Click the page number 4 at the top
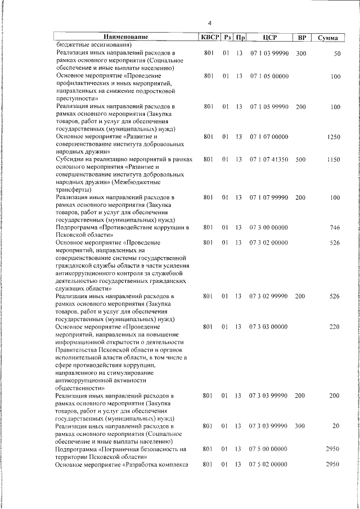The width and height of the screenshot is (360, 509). [x=209, y=23]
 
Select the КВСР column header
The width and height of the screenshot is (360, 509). [x=208, y=37]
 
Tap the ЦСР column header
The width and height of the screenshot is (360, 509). [x=268, y=37]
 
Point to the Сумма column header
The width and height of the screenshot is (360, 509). [x=328, y=38]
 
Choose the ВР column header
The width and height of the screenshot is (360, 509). [x=301, y=37]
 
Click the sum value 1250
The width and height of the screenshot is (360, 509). [x=334, y=137]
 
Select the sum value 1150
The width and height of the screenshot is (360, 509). [x=334, y=160]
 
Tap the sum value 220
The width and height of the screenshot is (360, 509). [x=335, y=327]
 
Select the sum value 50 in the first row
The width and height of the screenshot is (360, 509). [x=337, y=53]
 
